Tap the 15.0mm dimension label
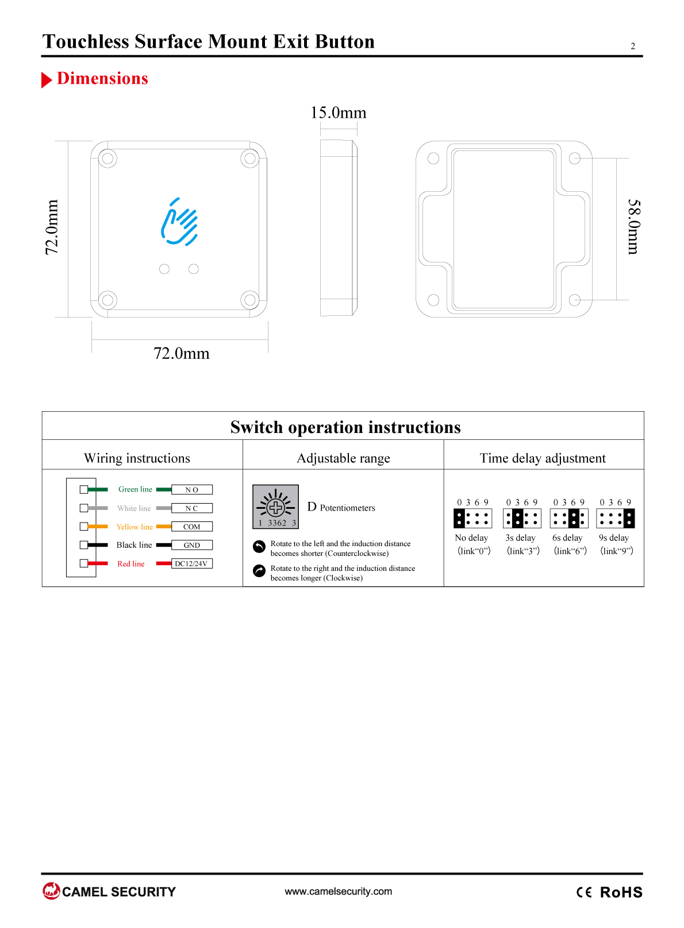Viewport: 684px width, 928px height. click(339, 113)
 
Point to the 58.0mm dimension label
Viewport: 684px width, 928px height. click(634, 227)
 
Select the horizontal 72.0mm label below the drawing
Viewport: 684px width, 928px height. click(182, 353)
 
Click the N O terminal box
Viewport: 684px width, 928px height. click(192, 490)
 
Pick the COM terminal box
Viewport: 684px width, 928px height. click(192, 527)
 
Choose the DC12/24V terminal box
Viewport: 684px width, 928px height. click(192, 563)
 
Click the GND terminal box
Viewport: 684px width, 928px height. click(192, 545)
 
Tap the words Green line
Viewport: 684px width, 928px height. click(135, 489)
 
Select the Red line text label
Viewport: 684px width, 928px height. click(131, 564)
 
